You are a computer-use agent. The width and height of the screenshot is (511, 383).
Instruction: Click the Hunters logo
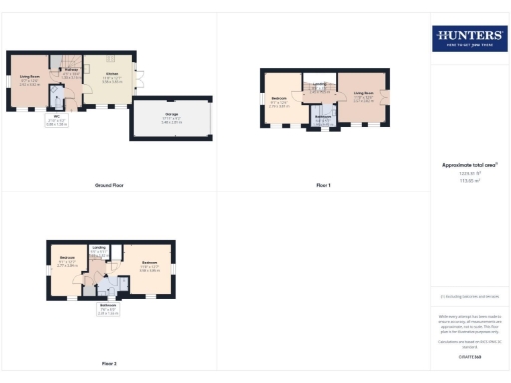click(468, 39)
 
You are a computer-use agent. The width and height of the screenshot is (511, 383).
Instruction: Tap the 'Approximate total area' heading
click(468, 165)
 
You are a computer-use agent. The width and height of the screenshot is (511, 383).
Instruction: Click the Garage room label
click(172, 117)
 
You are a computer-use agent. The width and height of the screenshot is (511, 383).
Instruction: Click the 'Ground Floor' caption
click(108, 186)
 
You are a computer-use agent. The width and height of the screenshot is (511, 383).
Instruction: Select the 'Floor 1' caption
click(323, 186)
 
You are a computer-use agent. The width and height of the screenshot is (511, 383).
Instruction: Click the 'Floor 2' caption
click(108, 364)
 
